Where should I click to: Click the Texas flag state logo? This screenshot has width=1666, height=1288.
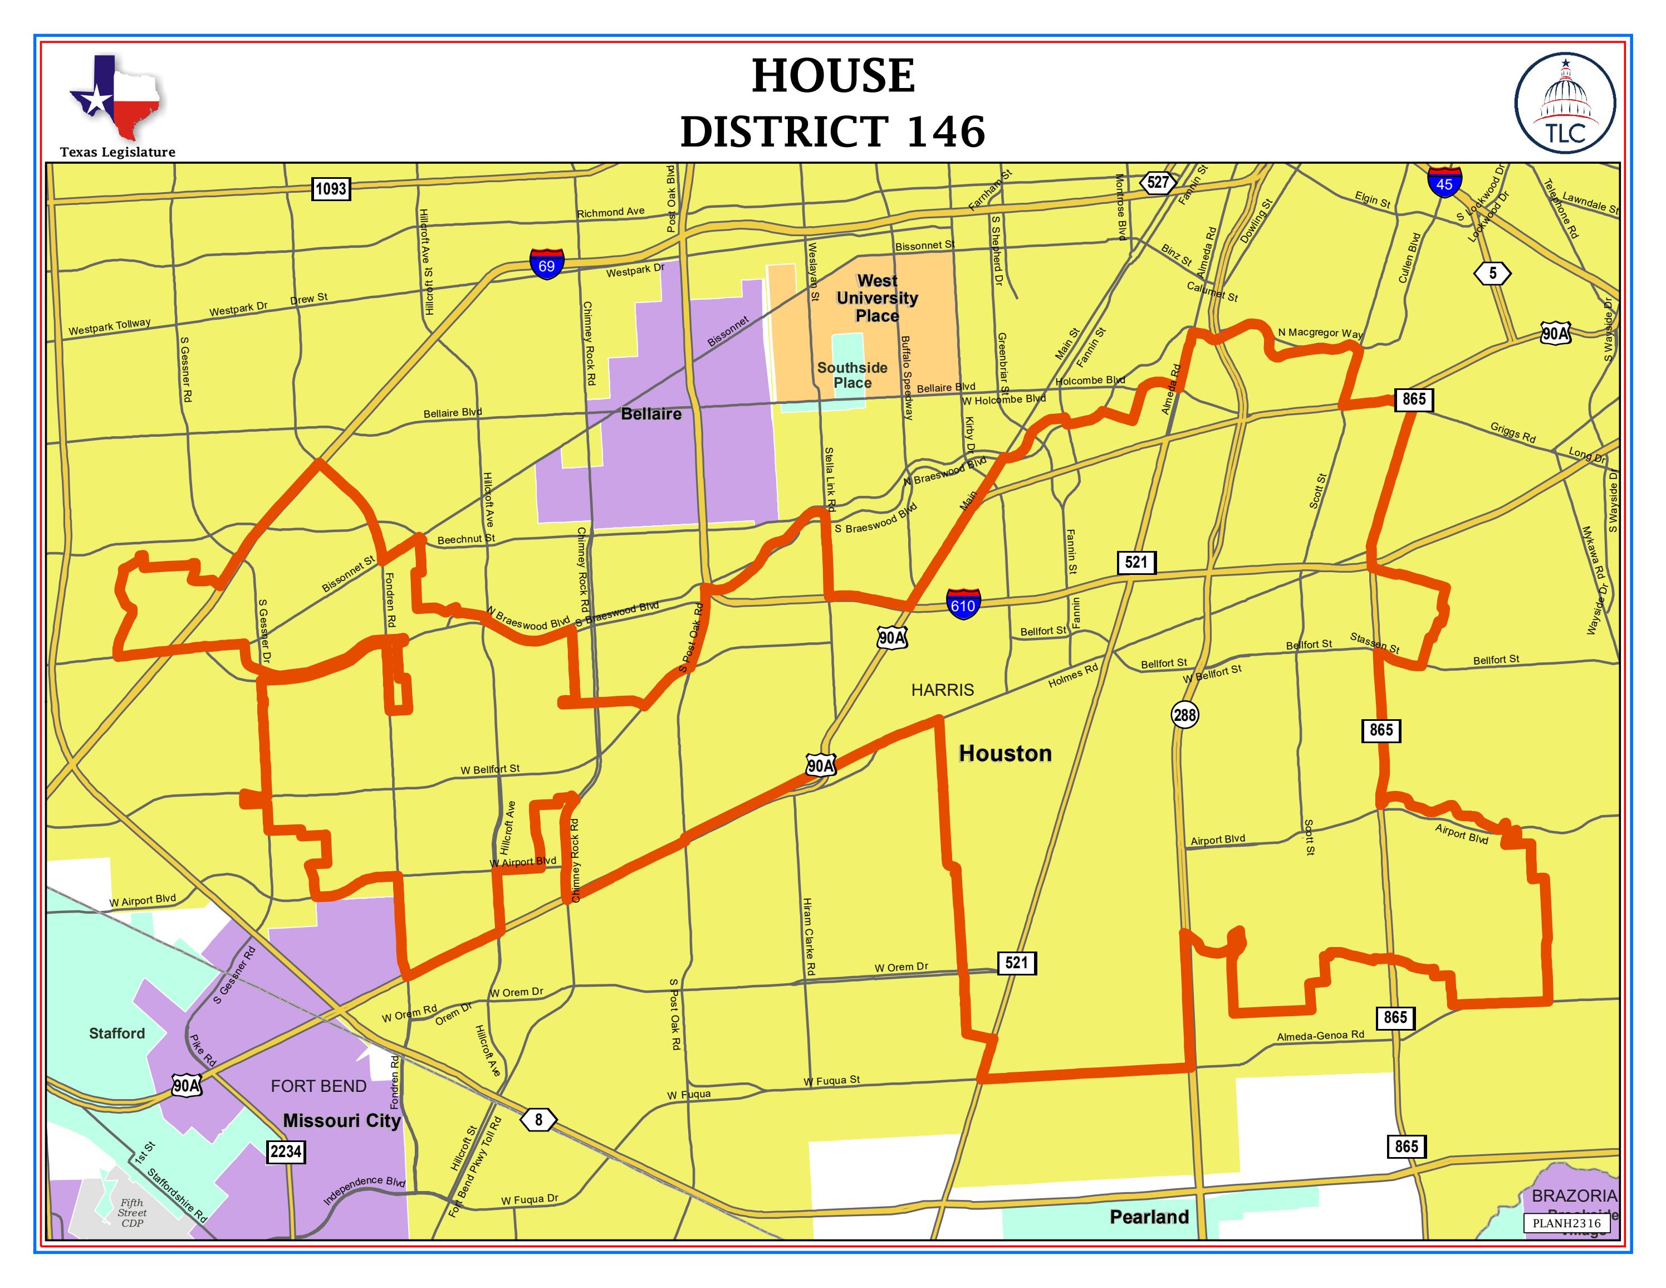(x=116, y=97)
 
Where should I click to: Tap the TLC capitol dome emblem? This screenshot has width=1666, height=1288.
(x=1565, y=103)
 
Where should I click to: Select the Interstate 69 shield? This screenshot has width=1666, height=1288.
(x=547, y=264)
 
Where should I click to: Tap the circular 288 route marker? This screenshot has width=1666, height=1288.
(x=1185, y=715)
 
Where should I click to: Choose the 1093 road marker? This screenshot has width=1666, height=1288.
(x=331, y=188)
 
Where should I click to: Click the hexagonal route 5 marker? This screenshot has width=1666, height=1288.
(x=1493, y=273)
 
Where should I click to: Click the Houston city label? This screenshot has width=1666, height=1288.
(x=1004, y=754)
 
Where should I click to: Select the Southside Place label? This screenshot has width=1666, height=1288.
(x=852, y=375)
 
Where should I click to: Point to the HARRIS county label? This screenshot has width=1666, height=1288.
(x=942, y=690)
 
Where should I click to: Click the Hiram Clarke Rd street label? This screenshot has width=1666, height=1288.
(x=808, y=936)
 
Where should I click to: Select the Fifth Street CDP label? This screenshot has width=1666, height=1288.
(x=132, y=1212)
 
